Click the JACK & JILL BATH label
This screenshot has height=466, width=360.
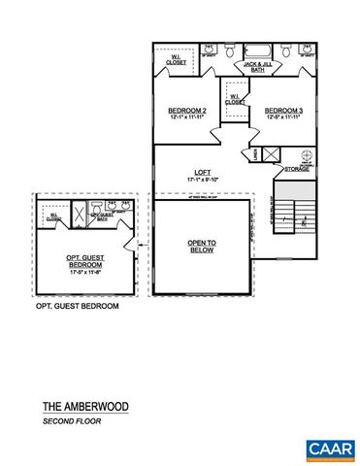pyautogui.click(x=255, y=68)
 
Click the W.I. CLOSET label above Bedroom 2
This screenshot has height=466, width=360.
pyautogui.click(x=177, y=60)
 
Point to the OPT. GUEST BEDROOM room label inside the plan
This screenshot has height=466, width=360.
pyautogui.click(x=85, y=260)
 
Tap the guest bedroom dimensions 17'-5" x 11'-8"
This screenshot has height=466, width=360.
pyautogui.click(x=85, y=272)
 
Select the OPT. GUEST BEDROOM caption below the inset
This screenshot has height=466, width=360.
pyautogui.click(x=77, y=306)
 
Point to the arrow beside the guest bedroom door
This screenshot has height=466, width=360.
pyautogui.click(x=142, y=245)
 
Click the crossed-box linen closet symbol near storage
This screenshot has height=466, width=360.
pyautogui.click(x=272, y=153)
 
